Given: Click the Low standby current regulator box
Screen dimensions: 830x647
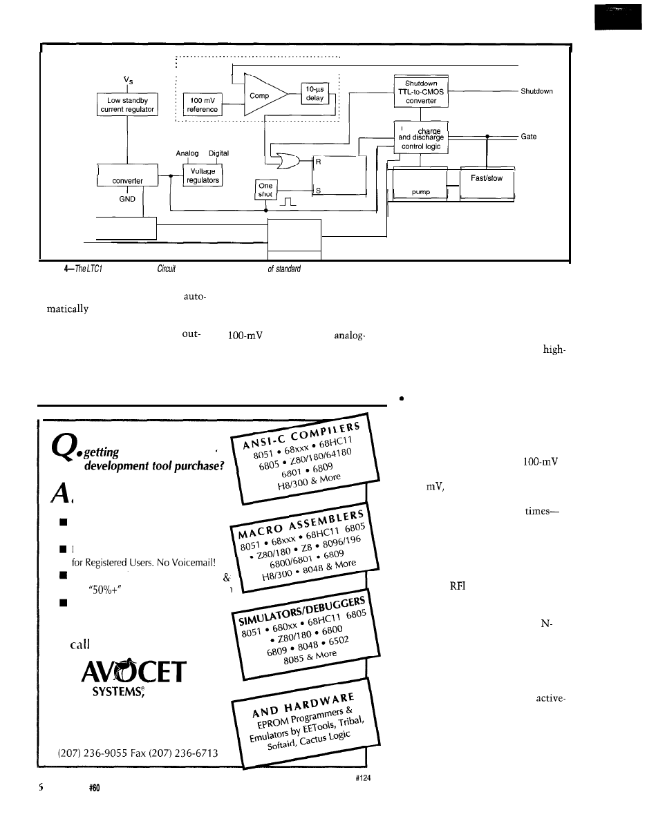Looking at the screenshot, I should coord(128,104).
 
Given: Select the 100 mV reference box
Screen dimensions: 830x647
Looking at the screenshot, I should coord(203,104).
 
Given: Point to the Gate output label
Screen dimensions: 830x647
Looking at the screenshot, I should coord(529,137).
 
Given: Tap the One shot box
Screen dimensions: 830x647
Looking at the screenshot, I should coord(265,189).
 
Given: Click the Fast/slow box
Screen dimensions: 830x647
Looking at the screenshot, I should coord(487,178).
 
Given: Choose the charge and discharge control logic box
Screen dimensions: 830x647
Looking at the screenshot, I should coord(421,137).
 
